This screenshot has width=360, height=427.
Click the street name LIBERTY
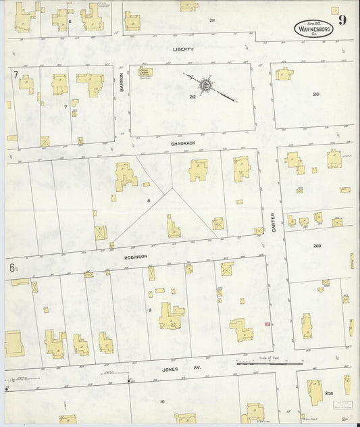183,49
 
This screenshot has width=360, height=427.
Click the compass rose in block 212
205,85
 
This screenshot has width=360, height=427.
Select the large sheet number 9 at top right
342,20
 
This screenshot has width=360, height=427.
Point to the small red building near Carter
267,324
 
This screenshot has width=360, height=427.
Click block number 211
212,21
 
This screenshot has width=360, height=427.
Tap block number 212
192,97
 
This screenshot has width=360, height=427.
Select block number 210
315,94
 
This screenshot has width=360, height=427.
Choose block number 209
316,246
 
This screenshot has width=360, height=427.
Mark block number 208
328,393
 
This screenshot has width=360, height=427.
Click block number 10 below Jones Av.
162,401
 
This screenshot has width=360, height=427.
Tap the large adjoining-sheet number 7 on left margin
14,74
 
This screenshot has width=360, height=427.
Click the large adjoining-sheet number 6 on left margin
13,268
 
